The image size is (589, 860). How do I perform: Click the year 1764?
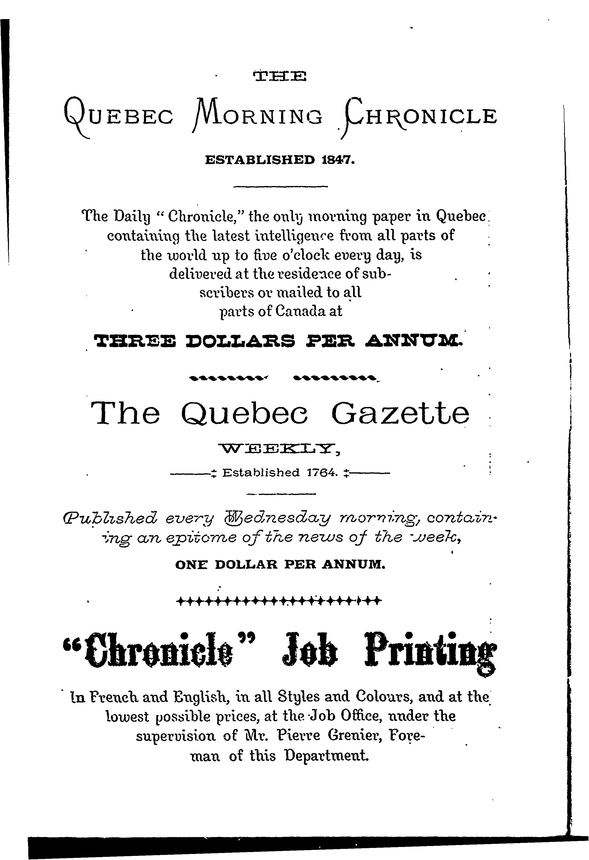[x=321, y=473]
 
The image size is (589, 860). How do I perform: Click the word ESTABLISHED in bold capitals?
[x=260, y=160]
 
